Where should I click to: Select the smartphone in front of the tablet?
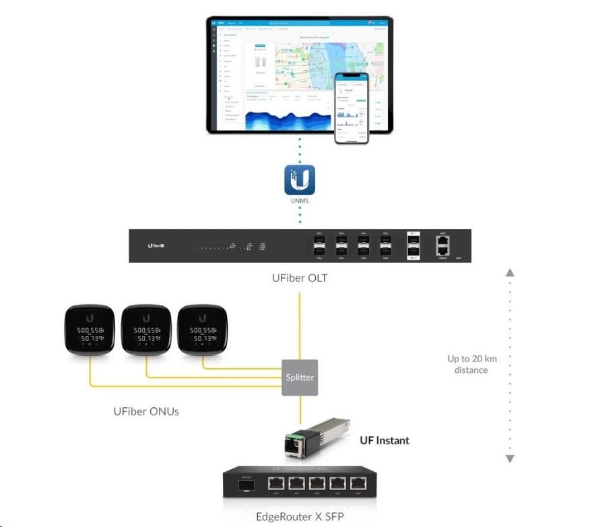[x=353, y=108]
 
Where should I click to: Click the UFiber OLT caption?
[x=300, y=277]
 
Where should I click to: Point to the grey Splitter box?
[x=300, y=377]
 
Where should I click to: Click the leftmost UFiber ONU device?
[x=89, y=330]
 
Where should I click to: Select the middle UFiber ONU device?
[x=146, y=330]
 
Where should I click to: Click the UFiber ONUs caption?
[x=146, y=411]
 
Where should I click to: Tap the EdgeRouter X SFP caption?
[x=299, y=517]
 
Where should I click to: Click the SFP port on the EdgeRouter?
[x=243, y=484]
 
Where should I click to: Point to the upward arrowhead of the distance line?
[x=510, y=273]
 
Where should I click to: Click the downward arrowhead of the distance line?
[x=510, y=459]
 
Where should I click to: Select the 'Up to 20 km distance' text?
[x=471, y=364]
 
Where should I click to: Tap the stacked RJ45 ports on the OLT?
[x=442, y=246]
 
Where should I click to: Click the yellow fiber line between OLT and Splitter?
[x=300, y=323]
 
